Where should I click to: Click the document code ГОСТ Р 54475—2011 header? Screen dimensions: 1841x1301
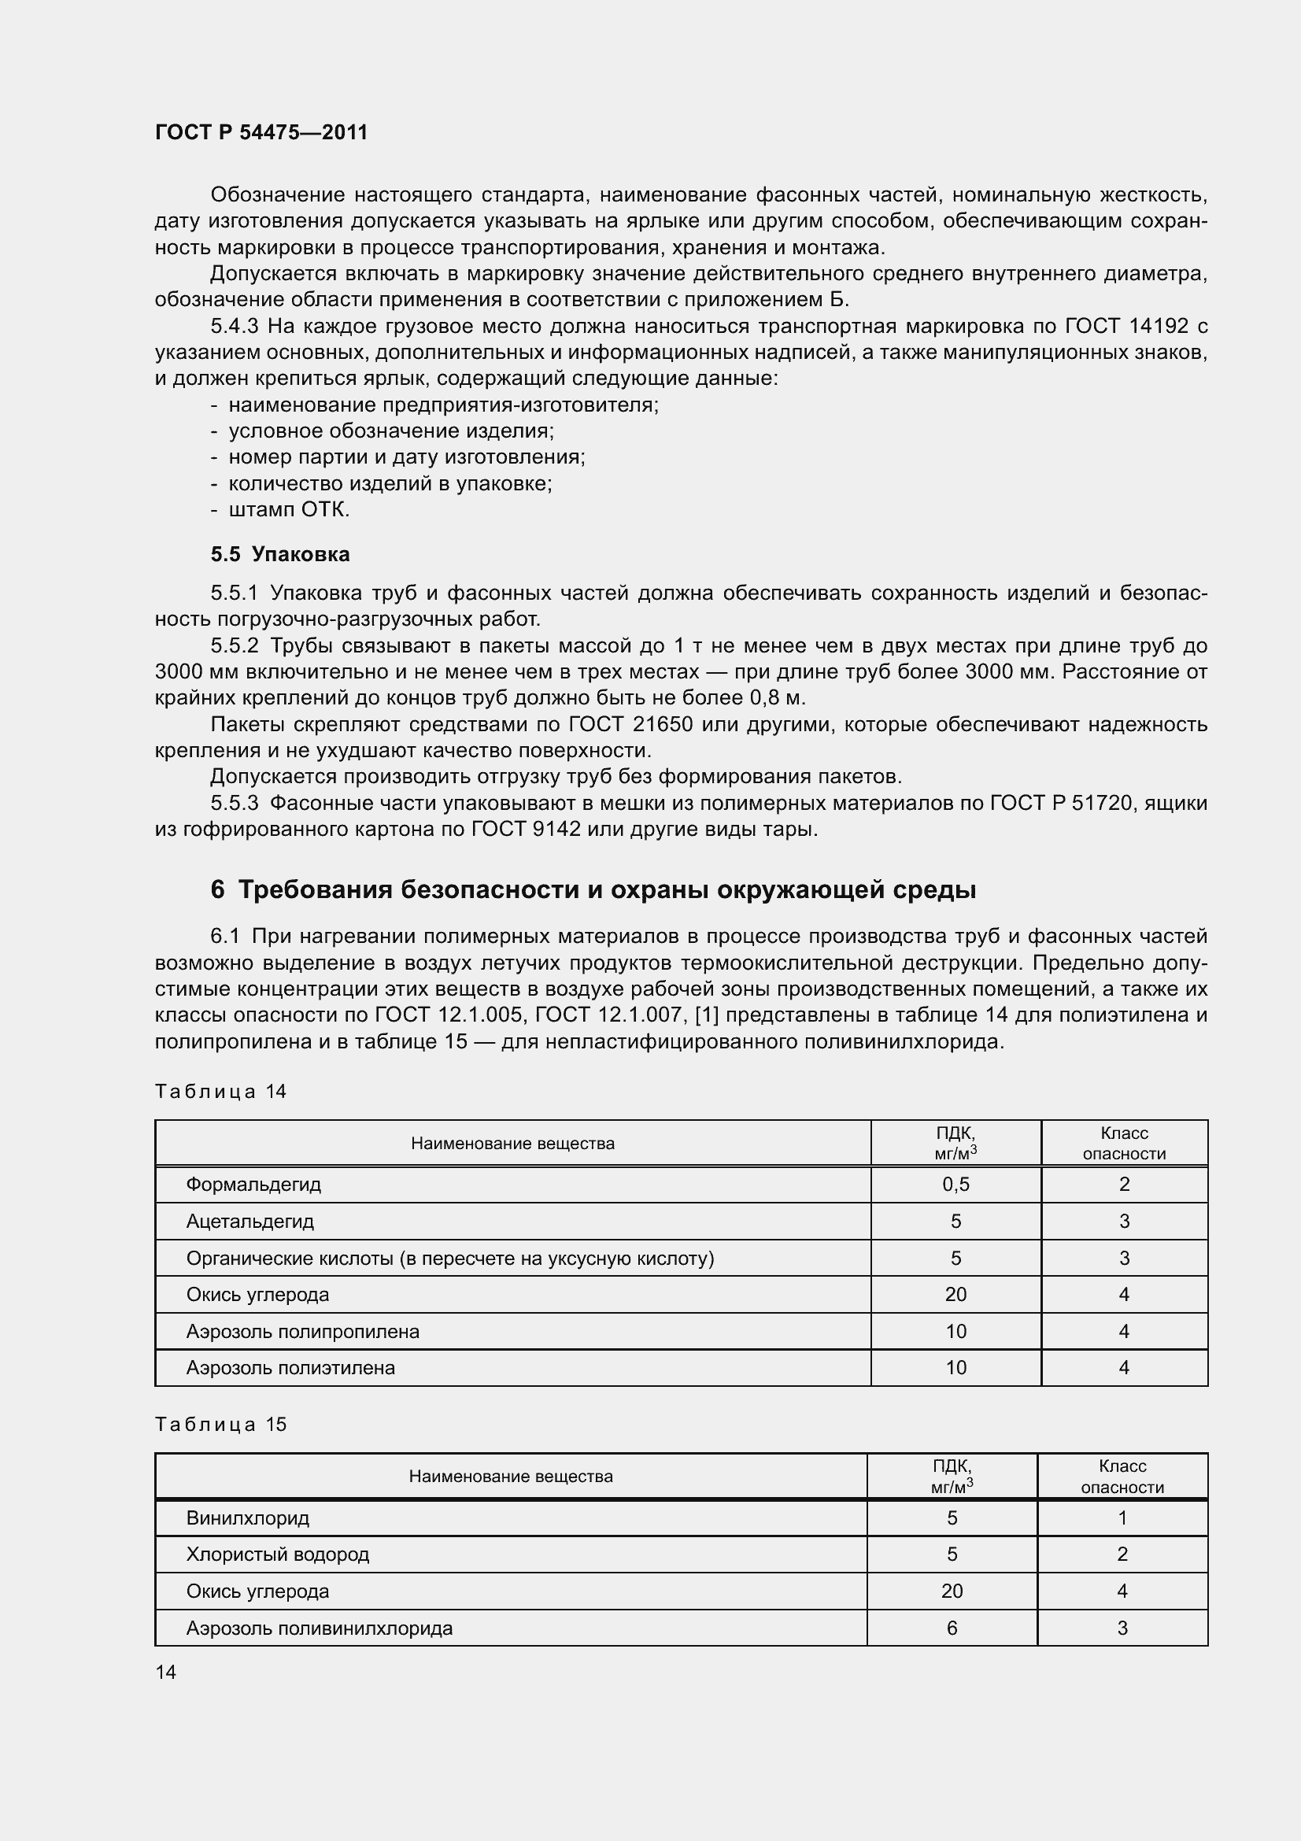point(261,132)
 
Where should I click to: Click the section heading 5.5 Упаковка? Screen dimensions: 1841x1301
point(279,554)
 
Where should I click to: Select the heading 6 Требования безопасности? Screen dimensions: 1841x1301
point(593,890)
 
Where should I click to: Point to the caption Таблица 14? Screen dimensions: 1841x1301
point(220,1091)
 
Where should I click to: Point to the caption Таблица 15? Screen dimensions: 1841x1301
point(220,1424)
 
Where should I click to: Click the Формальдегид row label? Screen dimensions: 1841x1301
point(253,1185)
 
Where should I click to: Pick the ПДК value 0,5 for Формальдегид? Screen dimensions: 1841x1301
point(955,1185)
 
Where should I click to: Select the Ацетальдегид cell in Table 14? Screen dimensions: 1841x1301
point(250,1222)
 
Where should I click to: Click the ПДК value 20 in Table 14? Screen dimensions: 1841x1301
point(955,1294)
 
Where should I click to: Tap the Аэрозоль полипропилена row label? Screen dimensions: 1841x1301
point(302,1331)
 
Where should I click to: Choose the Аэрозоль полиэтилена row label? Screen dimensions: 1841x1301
point(290,1367)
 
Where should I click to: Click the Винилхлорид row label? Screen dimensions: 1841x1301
point(248,1517)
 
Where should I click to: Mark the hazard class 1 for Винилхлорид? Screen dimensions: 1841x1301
point(1122,1517)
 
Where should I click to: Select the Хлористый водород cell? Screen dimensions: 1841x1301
point(277,1554)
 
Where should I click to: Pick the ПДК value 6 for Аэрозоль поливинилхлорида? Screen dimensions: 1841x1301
point(952,1628)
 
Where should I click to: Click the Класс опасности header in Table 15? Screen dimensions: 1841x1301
point(1122,1476)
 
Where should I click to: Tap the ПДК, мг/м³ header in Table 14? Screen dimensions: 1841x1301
point(955,1143)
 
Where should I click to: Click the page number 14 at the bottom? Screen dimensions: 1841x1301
point(166,1672)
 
